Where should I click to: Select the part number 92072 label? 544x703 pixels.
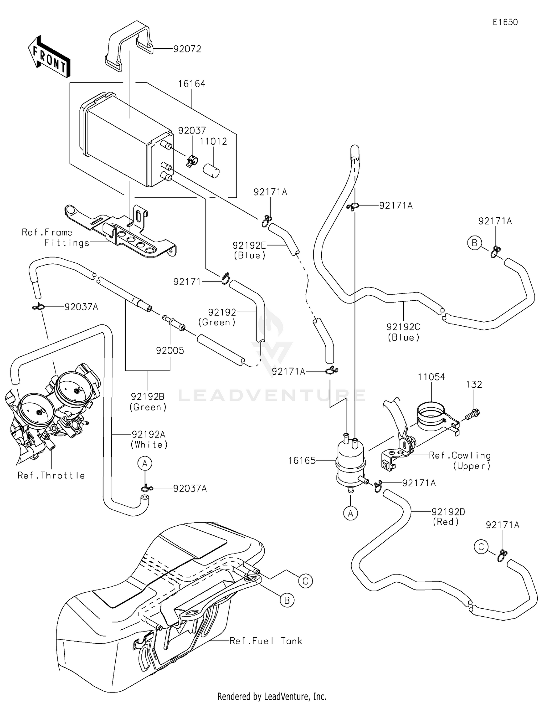pyautogui.click(x=187, y=49)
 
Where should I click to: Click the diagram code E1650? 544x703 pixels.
pyautogui.click(x=505, y=22)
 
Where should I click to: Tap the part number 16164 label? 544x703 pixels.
pyautogui.click(x=191, y=84)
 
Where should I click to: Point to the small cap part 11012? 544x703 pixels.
pyautogui.click(x=211, y=170)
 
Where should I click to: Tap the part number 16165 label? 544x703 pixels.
pyautogui.click(x=302, y=461)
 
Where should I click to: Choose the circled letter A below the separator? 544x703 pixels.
pyautogui.click(x=350, y=514)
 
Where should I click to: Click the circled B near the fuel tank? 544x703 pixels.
pyautogui.click(x=287, y=600)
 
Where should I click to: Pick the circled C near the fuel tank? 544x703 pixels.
pyautogui.click(x=305, y=581)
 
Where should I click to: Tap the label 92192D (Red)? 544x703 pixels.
pyautogui.click(x=448, y=517)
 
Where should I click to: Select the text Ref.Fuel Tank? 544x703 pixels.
pyautogui.click(x=265, y=641)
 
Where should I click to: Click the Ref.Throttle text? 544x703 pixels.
pyautogui.click(x=51, y=476)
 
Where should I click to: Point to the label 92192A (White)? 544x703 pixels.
pyautogui.click(x=149, y=439)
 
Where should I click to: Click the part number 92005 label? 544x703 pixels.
pyautogui.click(x=170, y=350)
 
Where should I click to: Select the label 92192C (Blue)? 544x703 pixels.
pyautogui.click(x=403, y=332)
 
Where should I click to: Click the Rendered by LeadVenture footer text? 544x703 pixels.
pyautogui.click(x=272, y=696)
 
